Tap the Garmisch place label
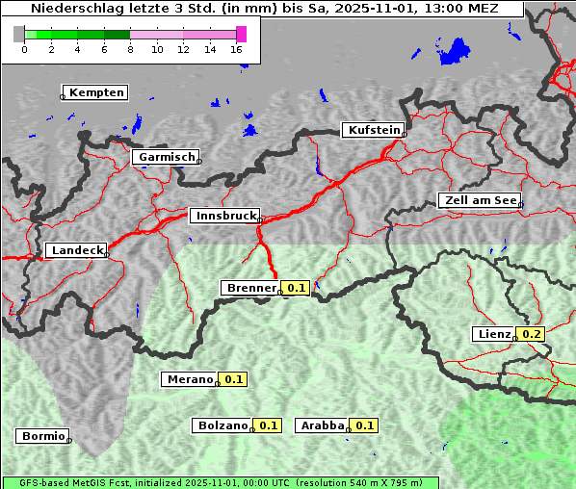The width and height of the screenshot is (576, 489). click(x=167, y=157)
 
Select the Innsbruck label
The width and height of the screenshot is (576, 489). click(x=224, y=217)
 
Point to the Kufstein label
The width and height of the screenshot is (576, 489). click(x=373, y=130)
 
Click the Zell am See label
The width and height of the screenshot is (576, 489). click(x=480, y=200)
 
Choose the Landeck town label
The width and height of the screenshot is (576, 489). click(x=76, y=250)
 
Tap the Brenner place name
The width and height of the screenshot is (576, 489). click(x=250, y=288)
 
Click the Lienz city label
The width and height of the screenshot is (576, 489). click(x=494, y=334)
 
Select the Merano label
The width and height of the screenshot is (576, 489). click(x=189, y=379)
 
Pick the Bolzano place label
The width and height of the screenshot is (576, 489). click(x=223, y=425)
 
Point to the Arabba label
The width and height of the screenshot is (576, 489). click(x=322, y=425)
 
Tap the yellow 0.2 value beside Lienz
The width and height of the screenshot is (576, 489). click(x=532, y=334)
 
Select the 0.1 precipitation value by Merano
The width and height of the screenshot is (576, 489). click(x=234, y=379)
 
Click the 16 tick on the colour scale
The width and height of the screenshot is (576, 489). click(x=237, y=49)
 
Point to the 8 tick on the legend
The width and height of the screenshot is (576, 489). click(x=130, y=49)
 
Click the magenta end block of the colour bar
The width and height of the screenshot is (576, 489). click(x=241, y=34)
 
